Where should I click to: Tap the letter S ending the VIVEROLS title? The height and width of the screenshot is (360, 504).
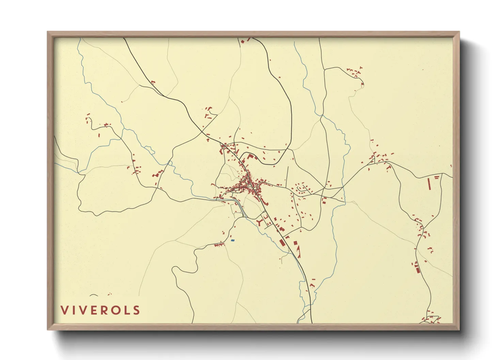(x=137, y=310)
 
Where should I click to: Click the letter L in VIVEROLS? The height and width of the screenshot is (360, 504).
(x=127, y=310)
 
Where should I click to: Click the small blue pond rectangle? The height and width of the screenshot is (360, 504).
(x=233, y=240)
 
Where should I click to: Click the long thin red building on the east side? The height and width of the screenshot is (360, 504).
(x=429, y=184)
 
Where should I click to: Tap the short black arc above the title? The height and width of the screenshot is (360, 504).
(x=94, y=295)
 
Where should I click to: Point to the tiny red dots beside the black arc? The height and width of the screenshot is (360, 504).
(x=109, y=294)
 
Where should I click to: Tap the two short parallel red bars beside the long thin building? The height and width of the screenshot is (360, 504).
(x=437, y=177)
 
